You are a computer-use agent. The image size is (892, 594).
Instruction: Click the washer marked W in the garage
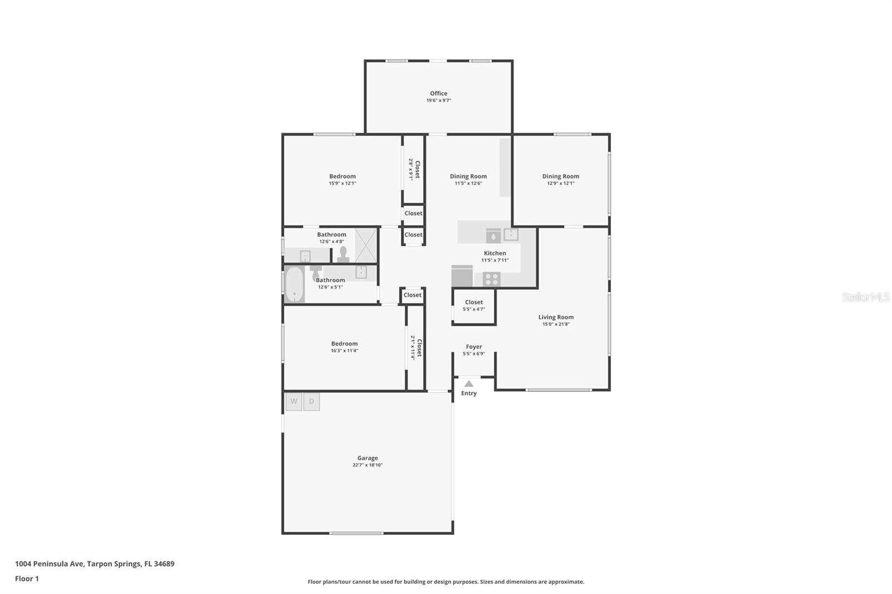pos(294,401)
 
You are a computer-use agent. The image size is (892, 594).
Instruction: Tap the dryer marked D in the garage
pos(312,401)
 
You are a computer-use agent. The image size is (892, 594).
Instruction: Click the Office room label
pos(438,94)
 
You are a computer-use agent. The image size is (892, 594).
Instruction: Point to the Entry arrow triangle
pos(469,383)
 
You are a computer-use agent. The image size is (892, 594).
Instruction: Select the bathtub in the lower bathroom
pos(294,285)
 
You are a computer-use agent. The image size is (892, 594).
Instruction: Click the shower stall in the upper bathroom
pos(366,245)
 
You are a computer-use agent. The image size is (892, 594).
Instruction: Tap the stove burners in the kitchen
pos(491,279)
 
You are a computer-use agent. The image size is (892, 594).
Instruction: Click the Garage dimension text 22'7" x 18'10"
pos(367,465)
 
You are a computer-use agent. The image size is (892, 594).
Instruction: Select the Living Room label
pos(556,317)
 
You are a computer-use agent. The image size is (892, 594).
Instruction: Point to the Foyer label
pos(474,347)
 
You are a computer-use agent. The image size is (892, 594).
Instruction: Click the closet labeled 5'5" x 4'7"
pos(474,305)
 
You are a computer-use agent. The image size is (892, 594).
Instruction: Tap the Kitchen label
pos(495,253)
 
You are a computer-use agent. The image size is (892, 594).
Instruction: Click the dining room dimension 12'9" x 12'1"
pos(560,183)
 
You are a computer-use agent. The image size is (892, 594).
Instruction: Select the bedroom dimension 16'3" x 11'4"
pos(344,350)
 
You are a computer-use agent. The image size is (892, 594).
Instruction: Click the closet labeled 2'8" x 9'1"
pos(414,169)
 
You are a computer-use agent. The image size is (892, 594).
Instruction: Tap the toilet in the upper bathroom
pos(343,255)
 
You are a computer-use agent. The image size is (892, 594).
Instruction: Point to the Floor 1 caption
pos(27,578)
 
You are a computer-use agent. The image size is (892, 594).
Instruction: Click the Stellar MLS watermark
pos(865,297)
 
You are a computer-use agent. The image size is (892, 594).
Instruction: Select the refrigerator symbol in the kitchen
pos(462,276)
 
